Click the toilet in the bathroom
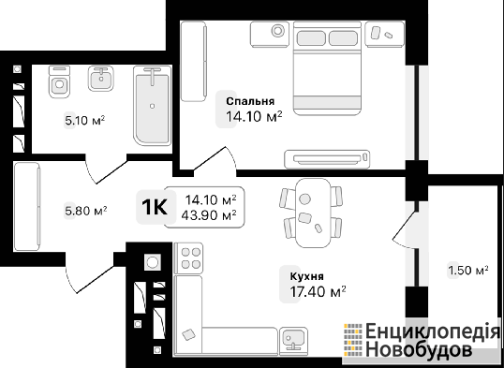(59, 81)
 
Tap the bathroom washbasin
(101, 79)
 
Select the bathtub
(153, 106)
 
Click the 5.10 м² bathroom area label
(85, 121)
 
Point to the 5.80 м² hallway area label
(86, 211)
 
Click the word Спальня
(250, 101)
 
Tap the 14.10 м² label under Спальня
(254, 117)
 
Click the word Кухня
(307, 276)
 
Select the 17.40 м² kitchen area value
(318, 292)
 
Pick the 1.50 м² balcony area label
(468, 271)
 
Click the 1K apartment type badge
(155, 207)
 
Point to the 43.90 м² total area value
(209, 215)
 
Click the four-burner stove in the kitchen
(188, 258)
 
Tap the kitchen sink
(293, 341)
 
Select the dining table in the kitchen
(313, 213)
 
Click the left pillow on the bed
(311, 38)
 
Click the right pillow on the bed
(343, 38)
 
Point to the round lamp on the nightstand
(278, 31)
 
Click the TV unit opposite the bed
(327, 159)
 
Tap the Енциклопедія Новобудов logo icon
(353, 340)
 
